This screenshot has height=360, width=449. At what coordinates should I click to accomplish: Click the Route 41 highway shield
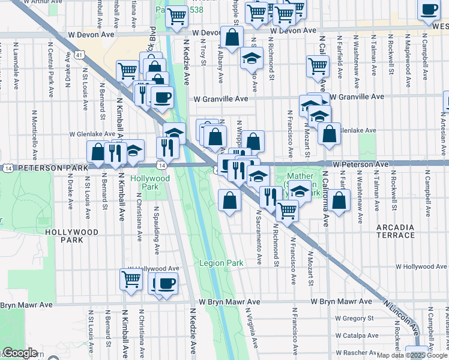(79, 54)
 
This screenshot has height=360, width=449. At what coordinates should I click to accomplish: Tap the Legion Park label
(222, 263)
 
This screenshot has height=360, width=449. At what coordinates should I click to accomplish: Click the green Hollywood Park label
(150, 182)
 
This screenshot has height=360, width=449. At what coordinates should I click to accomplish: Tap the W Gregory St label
(354, 317)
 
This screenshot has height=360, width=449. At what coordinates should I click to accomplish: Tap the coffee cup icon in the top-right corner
(430, 10)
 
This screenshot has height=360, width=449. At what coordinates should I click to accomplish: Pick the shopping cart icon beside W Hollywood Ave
(131, 278)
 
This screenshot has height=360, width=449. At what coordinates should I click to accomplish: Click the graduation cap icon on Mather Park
(300, 191)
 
